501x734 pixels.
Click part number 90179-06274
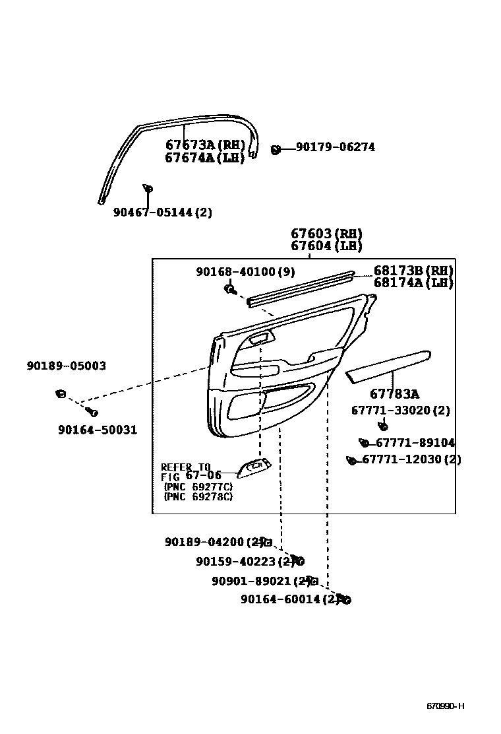(336, 147)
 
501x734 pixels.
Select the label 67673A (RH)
(204, 145)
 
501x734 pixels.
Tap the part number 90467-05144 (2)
(163, 213)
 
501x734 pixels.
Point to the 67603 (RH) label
(326, 234)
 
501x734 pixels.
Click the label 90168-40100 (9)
(245, 271)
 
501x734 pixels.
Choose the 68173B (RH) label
(413, 271)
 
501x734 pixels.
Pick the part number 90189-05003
(67, 366)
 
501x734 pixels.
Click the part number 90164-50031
(98, 430)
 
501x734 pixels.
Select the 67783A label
(394, 394)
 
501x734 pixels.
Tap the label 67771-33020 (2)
(400, 411)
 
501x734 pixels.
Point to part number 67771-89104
(415, 443)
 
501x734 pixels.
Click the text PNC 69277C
(198, 487)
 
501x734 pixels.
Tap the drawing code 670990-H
(445, 706)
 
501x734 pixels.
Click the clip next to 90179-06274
(276, 149)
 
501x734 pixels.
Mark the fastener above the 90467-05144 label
(148, 190)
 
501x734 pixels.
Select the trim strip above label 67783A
(388, 364)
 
